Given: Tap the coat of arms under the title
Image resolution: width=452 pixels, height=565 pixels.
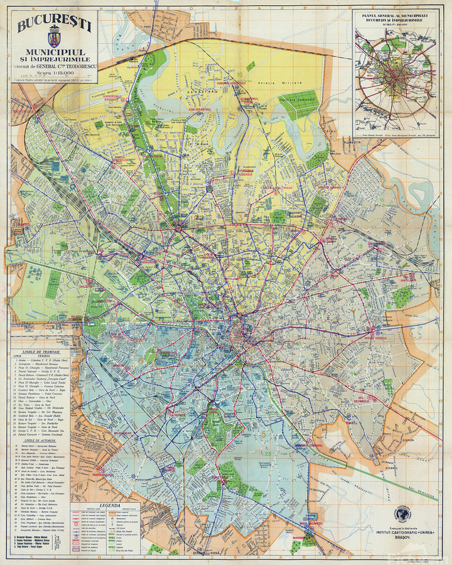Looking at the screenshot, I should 53,41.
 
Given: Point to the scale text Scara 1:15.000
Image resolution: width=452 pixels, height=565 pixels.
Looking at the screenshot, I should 55,73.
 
